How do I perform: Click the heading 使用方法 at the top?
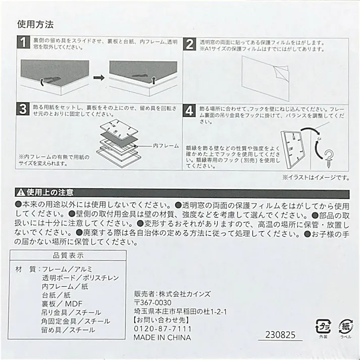click(35, 24)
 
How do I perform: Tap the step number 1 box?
click(23, 43)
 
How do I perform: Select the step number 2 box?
click(189, 43)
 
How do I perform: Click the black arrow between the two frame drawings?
click(99, 78)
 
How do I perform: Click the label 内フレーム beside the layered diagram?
click(165, 145)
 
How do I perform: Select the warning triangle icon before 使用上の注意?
click(21, 192)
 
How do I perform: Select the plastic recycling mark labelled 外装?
click(321, 325)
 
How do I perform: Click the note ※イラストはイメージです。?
click(315, 177)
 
